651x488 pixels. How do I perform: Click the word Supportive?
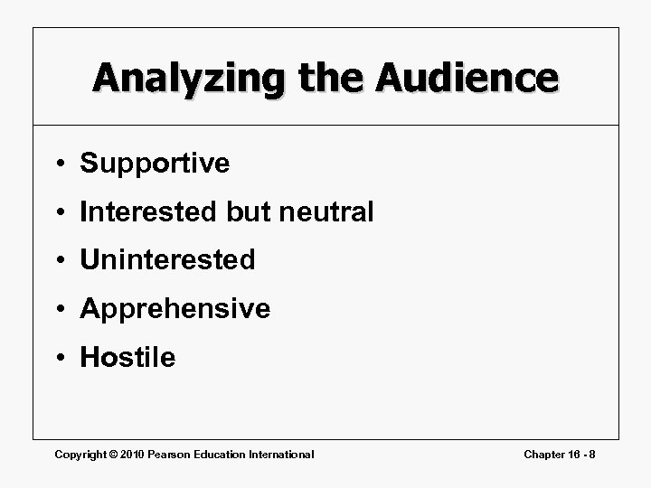coord(155,164)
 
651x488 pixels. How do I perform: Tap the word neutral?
coord(325,212)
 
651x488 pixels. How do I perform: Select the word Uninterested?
coord(167,260)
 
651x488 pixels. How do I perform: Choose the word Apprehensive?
coord(175,309)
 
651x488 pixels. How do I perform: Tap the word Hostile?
coord(127,358)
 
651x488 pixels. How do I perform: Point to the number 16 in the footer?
coord(574,454)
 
